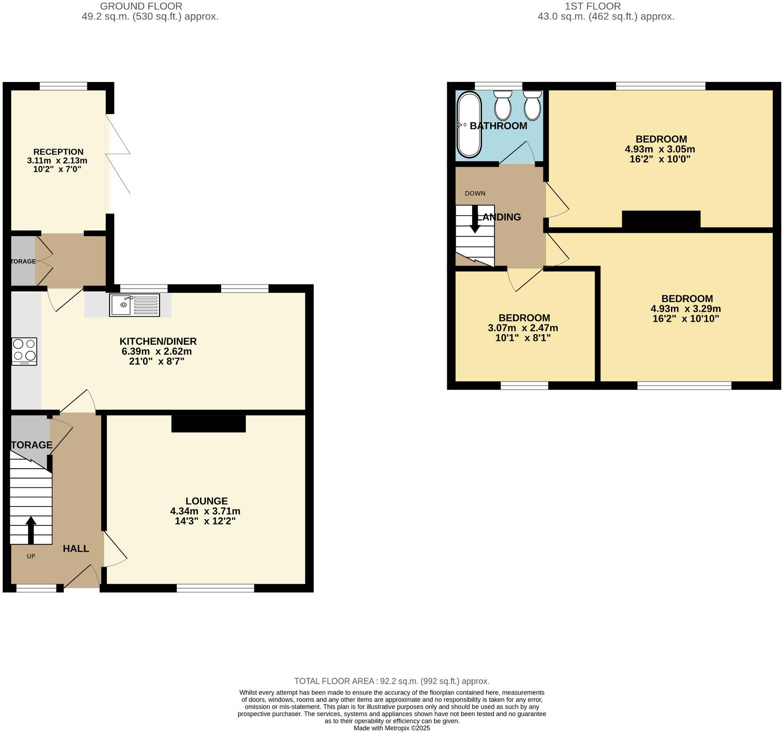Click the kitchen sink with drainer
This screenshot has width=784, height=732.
[135, 305]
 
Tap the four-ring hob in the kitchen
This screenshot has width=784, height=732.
[24, 352]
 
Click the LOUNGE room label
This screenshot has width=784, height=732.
[207, 501]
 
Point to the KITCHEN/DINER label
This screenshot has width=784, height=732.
[158, 341]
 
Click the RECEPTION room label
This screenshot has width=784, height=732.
[58, 152]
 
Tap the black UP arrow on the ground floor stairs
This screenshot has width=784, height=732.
[31, 530]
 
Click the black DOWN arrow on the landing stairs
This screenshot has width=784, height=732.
[475, 219]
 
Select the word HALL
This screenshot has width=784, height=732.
[76, 548]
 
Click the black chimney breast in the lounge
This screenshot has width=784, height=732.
[208, 424]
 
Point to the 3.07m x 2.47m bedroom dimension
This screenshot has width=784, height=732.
[523, 328]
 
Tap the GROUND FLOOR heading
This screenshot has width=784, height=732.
[141, 6]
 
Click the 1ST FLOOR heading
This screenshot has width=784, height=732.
[592, 6]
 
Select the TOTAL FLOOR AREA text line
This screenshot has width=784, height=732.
[392, 681]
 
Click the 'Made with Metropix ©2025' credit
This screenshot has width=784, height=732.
[392, 728]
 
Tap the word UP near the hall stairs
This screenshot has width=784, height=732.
[31, 556]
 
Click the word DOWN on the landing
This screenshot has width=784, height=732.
[475, 193]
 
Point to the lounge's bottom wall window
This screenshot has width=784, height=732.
[215, 589]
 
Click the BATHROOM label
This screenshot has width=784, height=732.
[498, 126]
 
